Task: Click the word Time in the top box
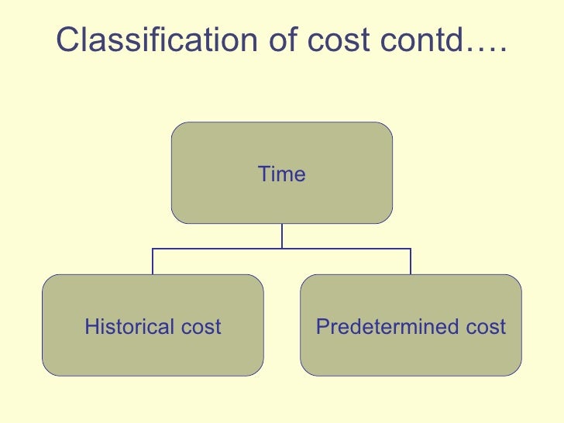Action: [x=282, y=174]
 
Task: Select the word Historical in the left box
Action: [x=129, y=327]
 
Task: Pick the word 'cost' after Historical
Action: [x=201, y=327]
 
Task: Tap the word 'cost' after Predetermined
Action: [x=486, y=327]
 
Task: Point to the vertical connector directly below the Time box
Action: [x=282, y=236]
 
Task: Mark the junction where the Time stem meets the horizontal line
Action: [x=282, y=249]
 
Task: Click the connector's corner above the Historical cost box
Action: [x=153, y=249]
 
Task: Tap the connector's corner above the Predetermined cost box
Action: [x=411, y=249]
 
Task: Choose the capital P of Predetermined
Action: [x=322, y=327]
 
